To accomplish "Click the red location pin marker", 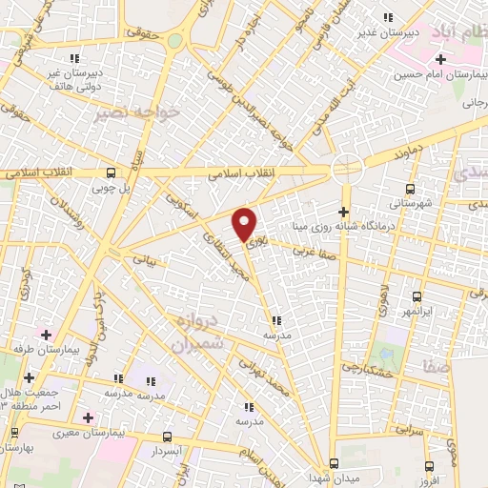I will click(245, 225).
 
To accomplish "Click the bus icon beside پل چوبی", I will click(112, 173).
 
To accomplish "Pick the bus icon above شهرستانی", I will click(410, 189).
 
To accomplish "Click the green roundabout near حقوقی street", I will click(175, 40).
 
